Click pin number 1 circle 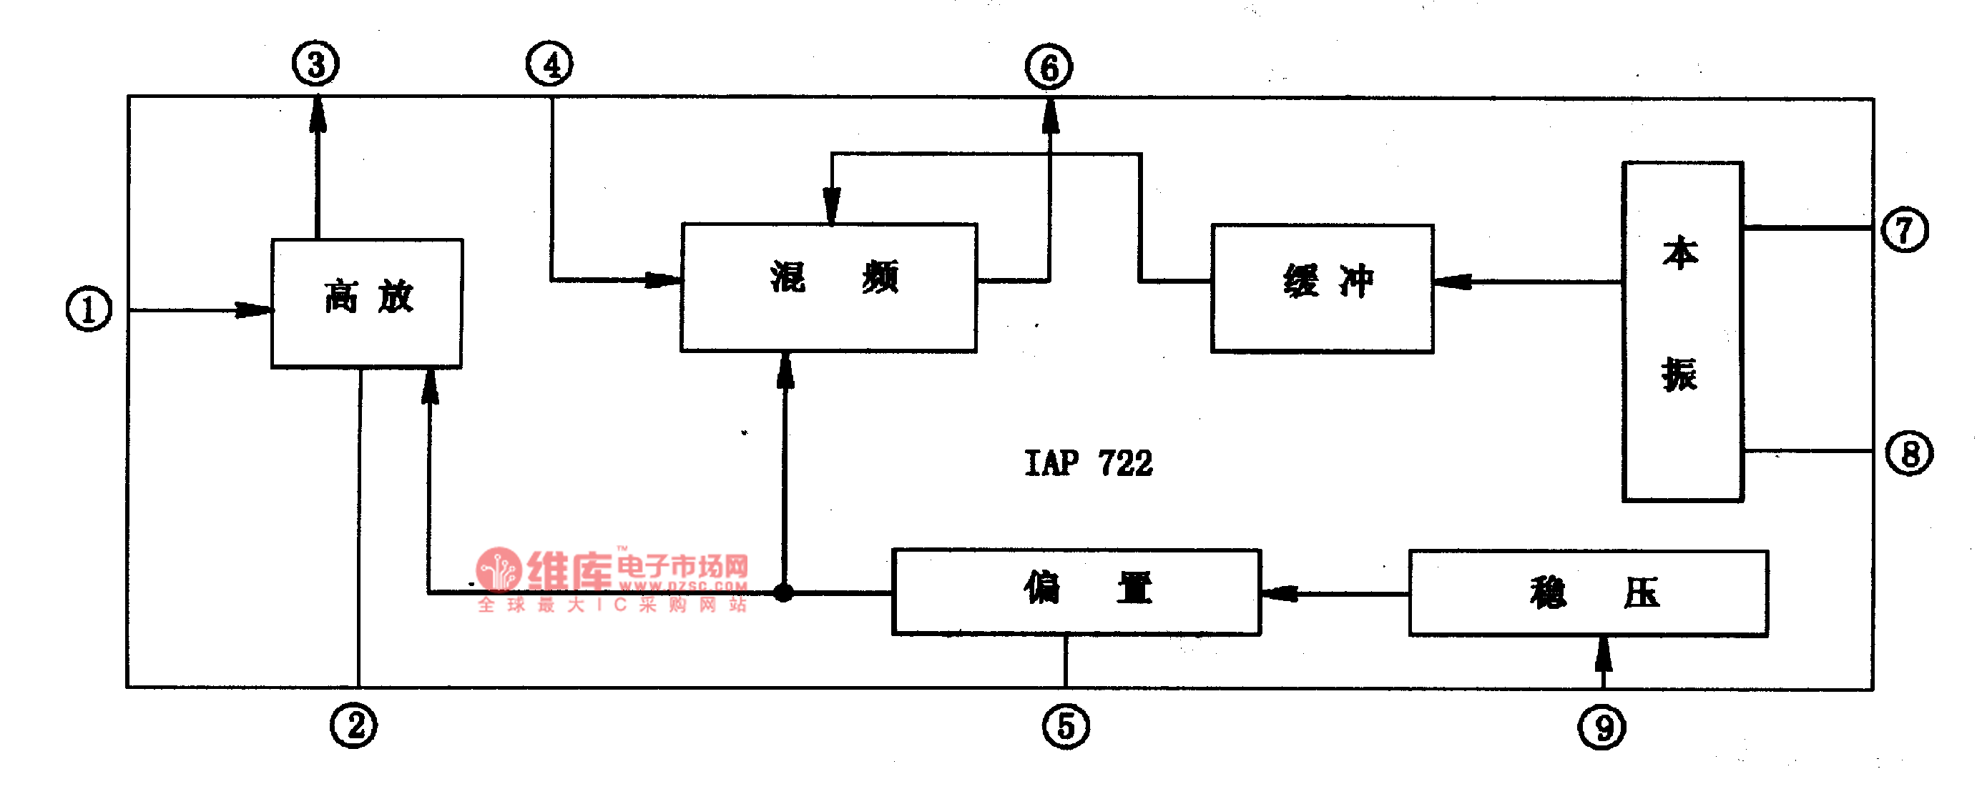pyautogui.click(x=89, y=309)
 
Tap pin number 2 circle pyautogui.click(x=354, y=725)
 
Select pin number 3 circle pyautogui.click(x=315, y=64)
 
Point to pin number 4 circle pyautogui.click(x=549, y=64)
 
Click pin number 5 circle pyautogui.click(x=1066, y=726)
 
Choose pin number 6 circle pyautogui.click(x=1049, y=68)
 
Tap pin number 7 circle pyautogui.click(x=1904, y=229)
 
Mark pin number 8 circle pyautogui.click(x=1909, y=453)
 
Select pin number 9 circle pyautogui.click(x=1602, y=728)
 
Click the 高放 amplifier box pyautogui.click(x=367, y=303)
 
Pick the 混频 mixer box pyautogui.click(x=829, y=287)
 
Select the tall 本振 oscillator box pyautogui.click(x=1683, y=331)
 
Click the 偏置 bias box pyautogui.click(x=1076, y=590)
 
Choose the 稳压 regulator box pyautogui.click(x=1588, y=592)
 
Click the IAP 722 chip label pyautogui.click(x=1088, y=463)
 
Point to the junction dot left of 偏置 pyautogui.click(x=783, y=592)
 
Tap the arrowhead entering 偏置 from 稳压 pyautogui.click(x=1280, y=593)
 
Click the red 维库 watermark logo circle pyautogui.click(x=499, y=570)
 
